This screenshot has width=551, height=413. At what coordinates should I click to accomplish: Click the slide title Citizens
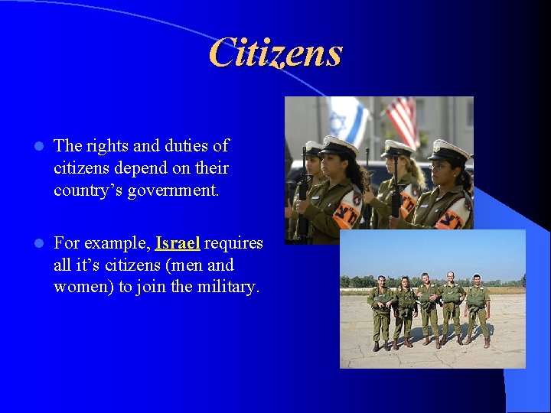click(275, 54)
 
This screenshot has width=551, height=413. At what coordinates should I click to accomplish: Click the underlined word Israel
click(178, 243)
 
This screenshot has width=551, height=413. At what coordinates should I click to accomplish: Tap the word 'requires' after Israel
click(233, 243)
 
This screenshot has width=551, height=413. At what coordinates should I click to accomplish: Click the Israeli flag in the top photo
click(344, 118)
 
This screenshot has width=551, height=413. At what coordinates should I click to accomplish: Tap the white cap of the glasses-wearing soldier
click(448, 151)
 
